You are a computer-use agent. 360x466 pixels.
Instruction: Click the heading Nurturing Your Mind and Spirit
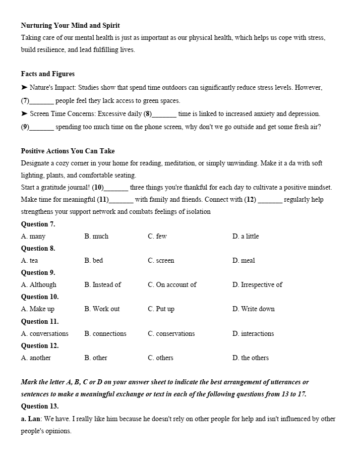70,25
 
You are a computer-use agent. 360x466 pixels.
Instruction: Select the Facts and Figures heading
47,74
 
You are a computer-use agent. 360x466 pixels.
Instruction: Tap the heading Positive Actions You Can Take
68,151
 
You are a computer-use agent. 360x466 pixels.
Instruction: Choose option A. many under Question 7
33,236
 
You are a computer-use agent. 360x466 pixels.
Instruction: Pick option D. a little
246,236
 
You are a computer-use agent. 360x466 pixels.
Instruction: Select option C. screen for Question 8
161,260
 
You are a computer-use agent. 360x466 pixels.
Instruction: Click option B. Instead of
102,284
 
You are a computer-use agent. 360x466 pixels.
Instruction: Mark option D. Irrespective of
257,284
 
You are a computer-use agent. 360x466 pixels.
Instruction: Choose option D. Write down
253,309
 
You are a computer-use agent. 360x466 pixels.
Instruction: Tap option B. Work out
102,309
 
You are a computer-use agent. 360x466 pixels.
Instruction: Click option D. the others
251,358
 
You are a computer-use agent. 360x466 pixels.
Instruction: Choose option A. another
36,358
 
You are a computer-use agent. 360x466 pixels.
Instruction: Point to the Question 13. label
40,406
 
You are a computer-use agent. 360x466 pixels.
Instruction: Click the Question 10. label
40,297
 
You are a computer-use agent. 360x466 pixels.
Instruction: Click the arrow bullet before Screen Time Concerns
24,114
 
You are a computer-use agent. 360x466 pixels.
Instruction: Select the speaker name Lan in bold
34,419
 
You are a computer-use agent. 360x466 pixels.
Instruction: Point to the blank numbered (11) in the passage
121,200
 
